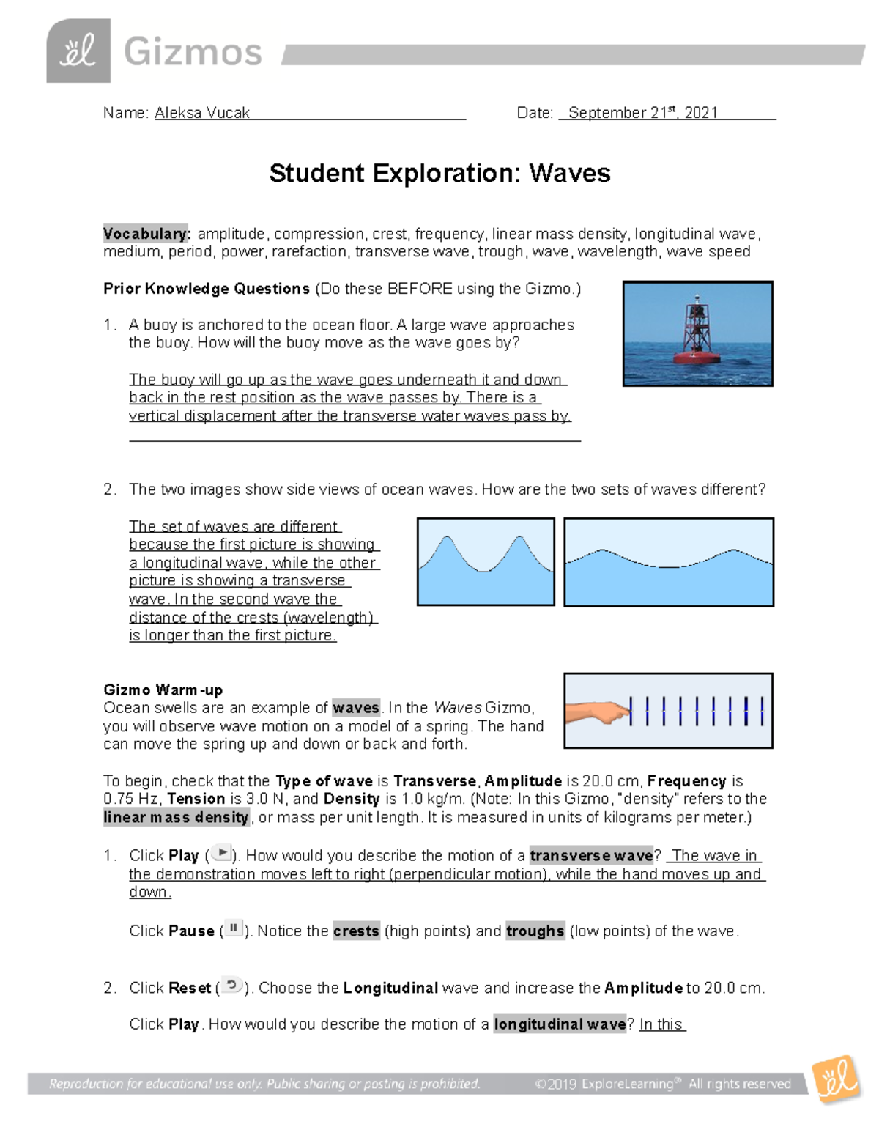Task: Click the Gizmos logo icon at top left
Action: click(x=78, y=51)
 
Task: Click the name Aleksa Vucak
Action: click(x=202, y=113)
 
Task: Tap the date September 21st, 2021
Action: click(x=642, y=113)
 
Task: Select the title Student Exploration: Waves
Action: click(x=439, y=174)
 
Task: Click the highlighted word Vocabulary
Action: click(x=146, y=234)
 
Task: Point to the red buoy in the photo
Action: click(x=697, y=330)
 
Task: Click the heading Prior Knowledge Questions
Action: click(x=207, y=289)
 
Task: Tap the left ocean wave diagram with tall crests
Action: click(x=485, y=562)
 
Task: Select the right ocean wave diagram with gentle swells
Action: click(x=668, y=562)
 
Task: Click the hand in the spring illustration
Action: click(x=597, y=711)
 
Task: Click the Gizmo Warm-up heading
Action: click(x=163, y=690)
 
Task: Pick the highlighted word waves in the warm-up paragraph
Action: click(x=356, y=708)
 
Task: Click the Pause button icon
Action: click(x=234, y=928)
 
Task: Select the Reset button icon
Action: click(x=231, y=986)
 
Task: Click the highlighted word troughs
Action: click(x=535, y=931)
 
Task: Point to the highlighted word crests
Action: click(x=356, y=931)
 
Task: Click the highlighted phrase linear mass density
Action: click(x=177, y=817)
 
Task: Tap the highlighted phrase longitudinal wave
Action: click(x=560, y=1024)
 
